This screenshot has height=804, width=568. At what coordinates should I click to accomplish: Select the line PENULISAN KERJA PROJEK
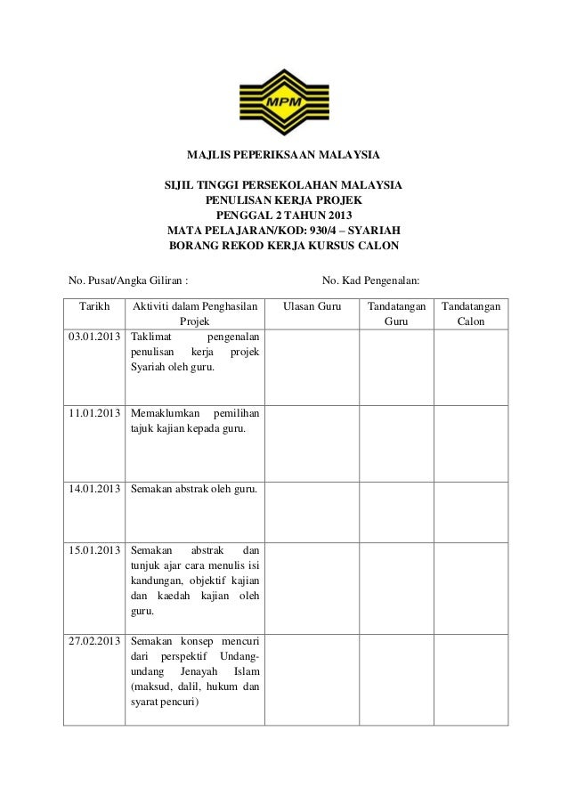point(283,200)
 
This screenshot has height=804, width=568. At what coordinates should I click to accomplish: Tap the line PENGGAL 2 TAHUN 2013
point(283,215)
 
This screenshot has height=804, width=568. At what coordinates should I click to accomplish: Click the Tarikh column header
point(93,306)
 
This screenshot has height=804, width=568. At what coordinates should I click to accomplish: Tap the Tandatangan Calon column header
point(471,313)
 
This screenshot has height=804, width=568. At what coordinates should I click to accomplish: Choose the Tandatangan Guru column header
point(393,313)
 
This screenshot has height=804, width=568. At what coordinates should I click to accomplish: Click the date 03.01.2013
point(93,338)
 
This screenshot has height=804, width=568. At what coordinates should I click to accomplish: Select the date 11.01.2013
point(93,414)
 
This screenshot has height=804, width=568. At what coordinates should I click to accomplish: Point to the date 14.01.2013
point(93,490)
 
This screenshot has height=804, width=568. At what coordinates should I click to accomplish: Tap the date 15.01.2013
point(93,549)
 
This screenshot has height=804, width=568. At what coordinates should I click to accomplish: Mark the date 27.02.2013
point(93,641)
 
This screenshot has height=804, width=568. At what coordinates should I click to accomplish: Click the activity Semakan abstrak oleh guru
point(194,490)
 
